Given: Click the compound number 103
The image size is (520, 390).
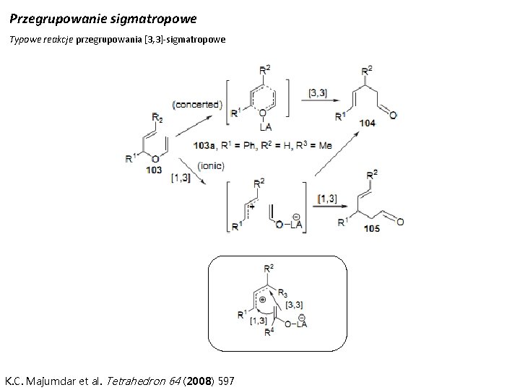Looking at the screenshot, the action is pyautogui.click(x=154, y=170).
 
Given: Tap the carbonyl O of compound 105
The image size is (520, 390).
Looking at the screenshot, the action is pyautogui.click(x=400, y=222).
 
